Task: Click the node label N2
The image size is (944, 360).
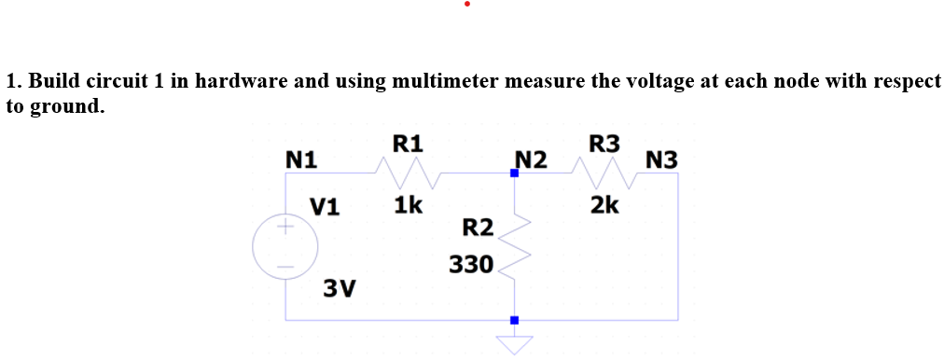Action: (x=531, y=159)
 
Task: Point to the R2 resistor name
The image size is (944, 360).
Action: (x=479, y=227)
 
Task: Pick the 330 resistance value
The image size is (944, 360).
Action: (x=471, y=264)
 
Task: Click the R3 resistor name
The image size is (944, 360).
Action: (x=604, y=144)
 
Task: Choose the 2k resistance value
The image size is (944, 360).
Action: (x=604, y=204)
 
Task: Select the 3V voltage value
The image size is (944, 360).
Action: (x=340, y=287)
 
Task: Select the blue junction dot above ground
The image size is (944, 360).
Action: (x=514, y=320)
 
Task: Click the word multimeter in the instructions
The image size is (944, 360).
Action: (x=449, y=81)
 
